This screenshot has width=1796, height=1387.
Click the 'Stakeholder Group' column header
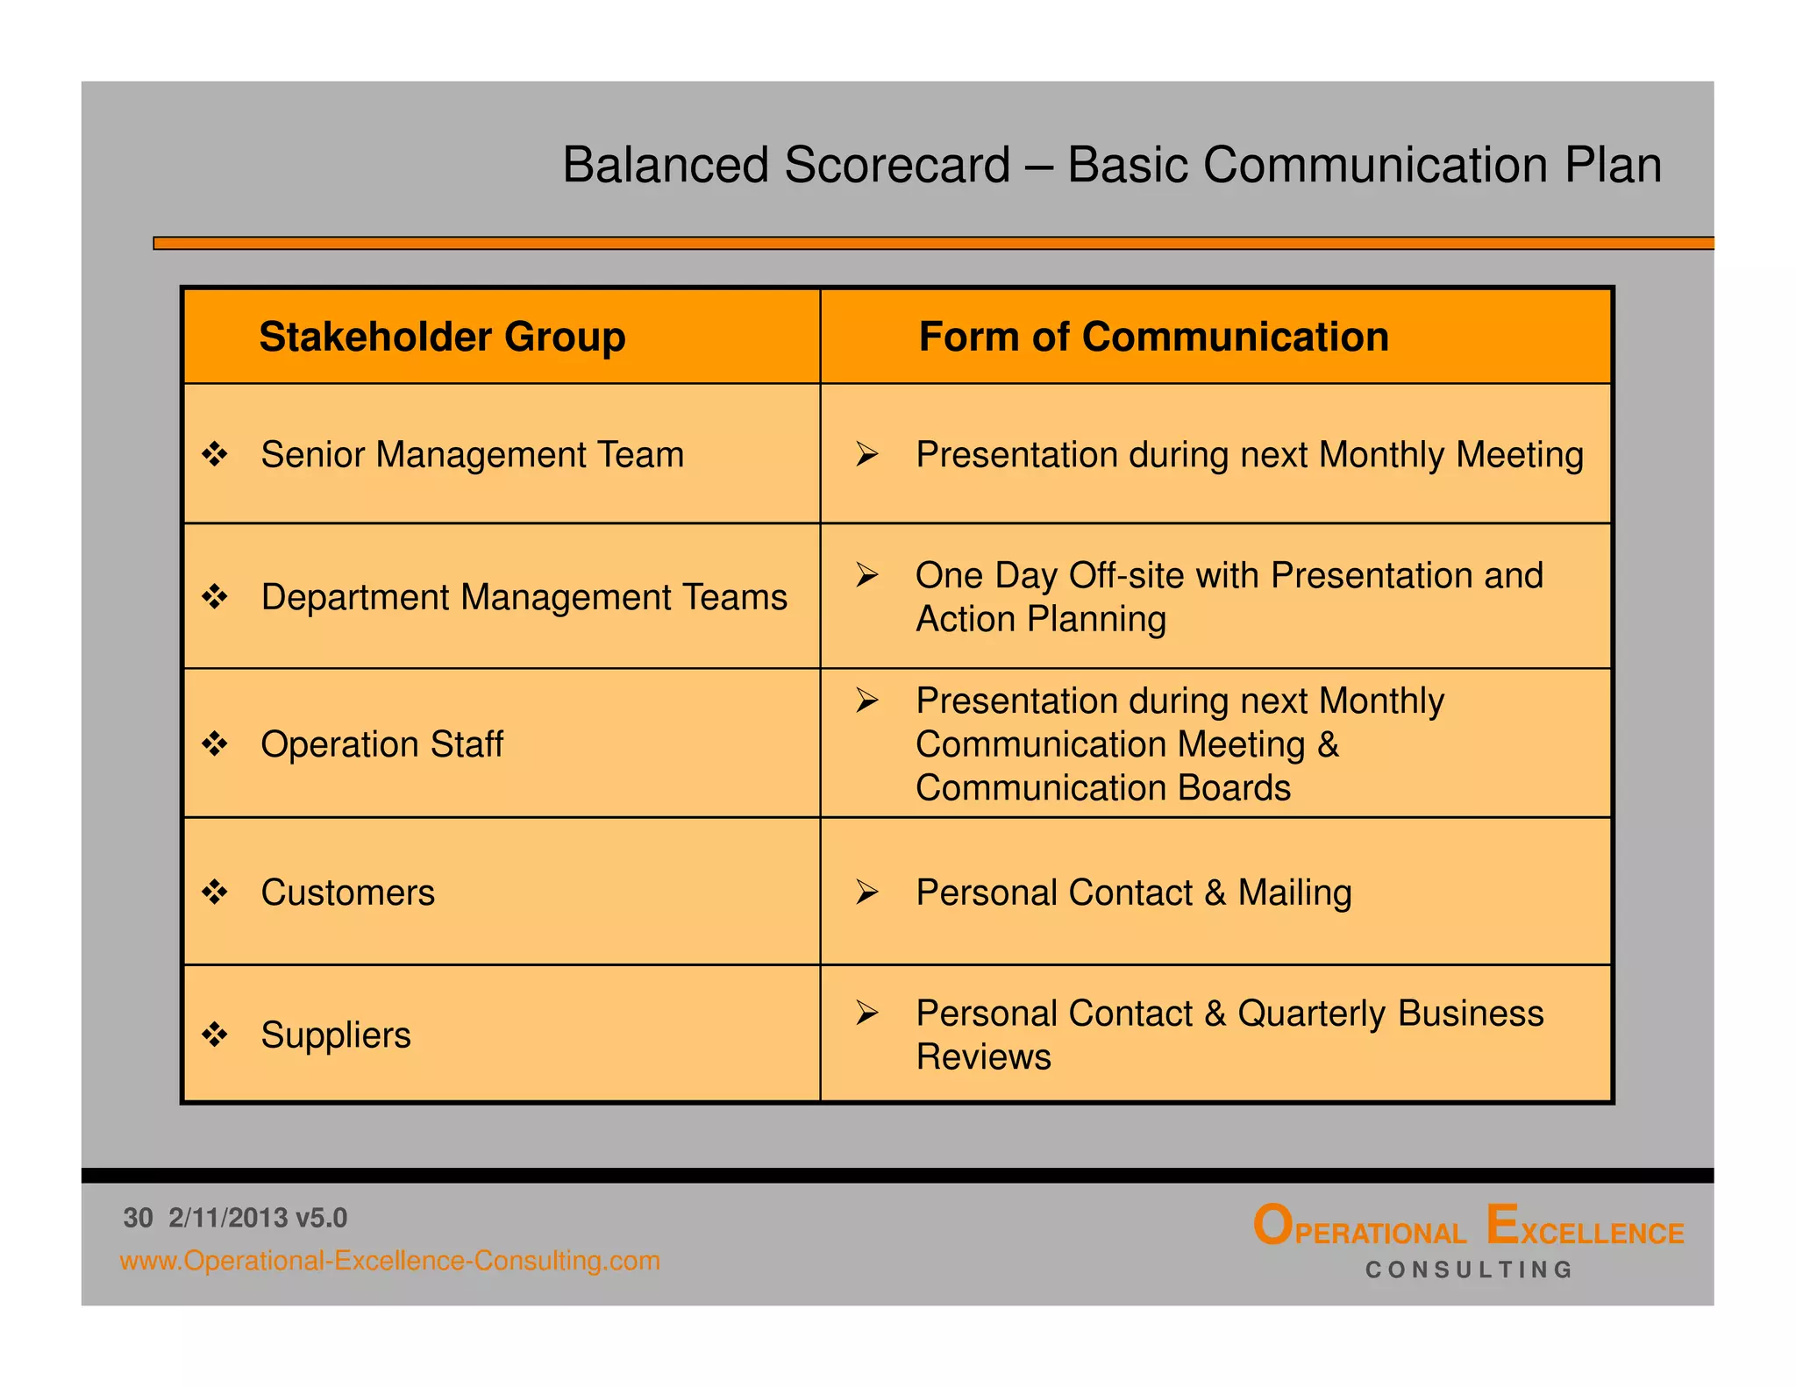coord(442,338)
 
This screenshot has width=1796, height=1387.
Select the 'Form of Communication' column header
coord(1153,338)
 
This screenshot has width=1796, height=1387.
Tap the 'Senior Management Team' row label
coord(472,455)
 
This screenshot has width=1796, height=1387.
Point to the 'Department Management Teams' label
coord(524,597)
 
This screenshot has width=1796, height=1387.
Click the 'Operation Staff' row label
coord(381,744)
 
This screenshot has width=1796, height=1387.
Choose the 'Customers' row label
coord(347,893)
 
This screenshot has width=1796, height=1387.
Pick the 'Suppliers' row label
coord(335,1035)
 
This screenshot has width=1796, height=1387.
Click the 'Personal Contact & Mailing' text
coord(1133,893)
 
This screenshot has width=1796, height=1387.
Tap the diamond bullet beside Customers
coord(215,893)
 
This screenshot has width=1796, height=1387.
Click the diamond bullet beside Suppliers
coord(215,1035)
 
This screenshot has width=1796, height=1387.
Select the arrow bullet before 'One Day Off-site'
coord(867,575)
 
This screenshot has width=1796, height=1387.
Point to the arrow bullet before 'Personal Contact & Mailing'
coord(867,893)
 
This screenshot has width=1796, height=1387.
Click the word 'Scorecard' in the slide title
coord(897,165)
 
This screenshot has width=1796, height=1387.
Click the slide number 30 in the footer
coord(138,1218)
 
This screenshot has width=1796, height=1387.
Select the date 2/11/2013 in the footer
coord(228,1218)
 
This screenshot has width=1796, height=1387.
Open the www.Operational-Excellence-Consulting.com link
coord(389,1261)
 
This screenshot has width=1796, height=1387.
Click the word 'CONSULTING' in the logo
coord(1469,1270)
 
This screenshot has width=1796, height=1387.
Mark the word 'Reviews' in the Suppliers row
coord(983,1057)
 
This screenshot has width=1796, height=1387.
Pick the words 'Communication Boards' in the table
coord(1102,788)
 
